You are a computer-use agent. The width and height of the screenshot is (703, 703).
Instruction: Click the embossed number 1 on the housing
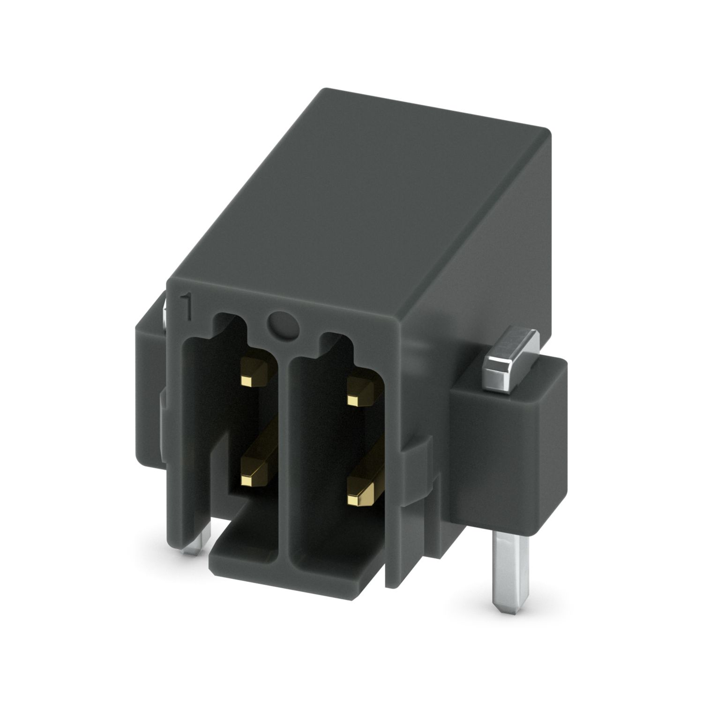(x=187, y=307)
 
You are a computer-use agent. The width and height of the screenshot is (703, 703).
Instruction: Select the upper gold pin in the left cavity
(x=253, y=368)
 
